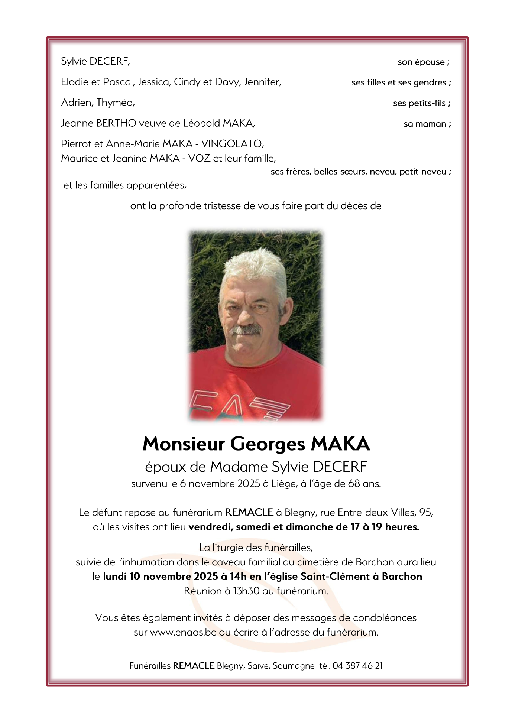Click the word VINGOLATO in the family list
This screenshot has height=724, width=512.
click(x=232, y=144)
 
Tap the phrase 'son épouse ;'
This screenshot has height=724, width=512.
click(x=424, y=62)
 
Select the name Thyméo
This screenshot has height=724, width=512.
click(x=116, y=103)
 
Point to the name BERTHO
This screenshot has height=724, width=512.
click(x=116, y=123)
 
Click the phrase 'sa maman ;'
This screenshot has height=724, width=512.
click(x=427, y=124)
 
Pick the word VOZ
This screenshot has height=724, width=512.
click(x=199, y=158)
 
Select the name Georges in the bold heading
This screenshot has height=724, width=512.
click(x=268, y=444)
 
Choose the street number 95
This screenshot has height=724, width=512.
click(x=425, y=513)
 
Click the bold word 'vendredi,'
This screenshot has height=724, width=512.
click(x=211, y=527)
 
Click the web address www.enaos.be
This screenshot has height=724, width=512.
click(x=183, y=632)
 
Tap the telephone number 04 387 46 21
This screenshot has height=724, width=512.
click(x=357, y=666)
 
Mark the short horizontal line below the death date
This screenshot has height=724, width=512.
click(x=256, y=503)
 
